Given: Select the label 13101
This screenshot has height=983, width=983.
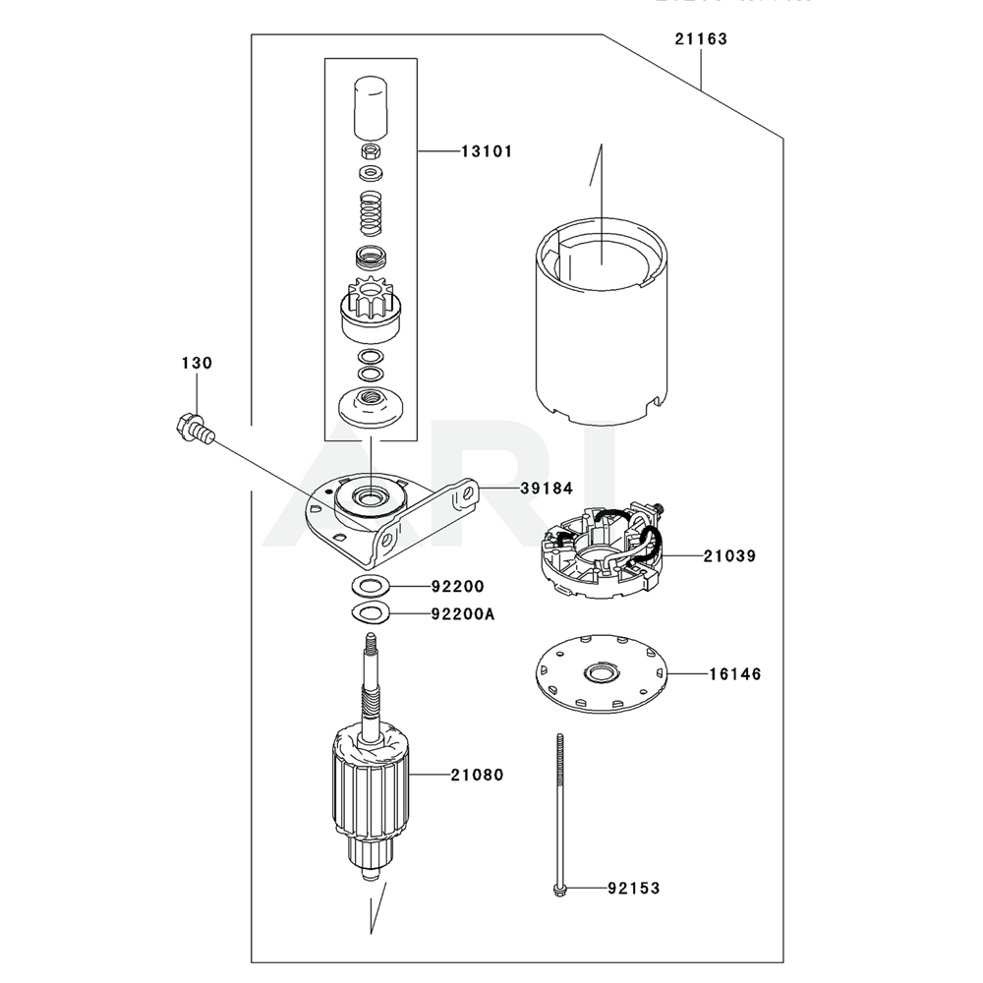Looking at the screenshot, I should tap(486, 151).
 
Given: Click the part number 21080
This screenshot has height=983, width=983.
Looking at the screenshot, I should tap(477, 775).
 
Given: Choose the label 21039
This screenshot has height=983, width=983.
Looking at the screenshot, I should tap(729, 555).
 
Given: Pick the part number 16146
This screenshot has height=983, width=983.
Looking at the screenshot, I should tap(733, 674).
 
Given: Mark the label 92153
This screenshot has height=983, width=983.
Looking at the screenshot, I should tap(633, 889).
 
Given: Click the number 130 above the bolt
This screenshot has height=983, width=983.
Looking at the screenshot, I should tap(196, 364).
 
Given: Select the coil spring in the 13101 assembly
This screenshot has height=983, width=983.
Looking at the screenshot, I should tap(371, 214).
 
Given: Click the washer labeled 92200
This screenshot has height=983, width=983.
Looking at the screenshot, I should tap(370, 587).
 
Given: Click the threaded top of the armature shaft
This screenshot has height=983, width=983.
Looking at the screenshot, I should tap(371, 646).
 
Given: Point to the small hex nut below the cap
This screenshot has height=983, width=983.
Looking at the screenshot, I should tap(371, 152).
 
